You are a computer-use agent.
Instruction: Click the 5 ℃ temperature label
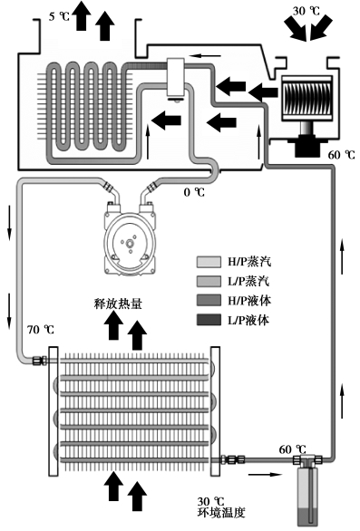tap(59, 16)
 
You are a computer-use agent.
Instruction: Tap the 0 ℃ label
tap(194, 192)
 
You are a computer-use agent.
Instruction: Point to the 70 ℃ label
tap(41, 329)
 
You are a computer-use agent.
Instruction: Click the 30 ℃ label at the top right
tap(306, 11)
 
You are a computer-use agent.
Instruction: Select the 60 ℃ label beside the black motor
tap(341, 155)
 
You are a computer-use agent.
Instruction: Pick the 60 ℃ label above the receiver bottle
tap(292, 449)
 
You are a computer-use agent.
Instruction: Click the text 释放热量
tap(118, 304)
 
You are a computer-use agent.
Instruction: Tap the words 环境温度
tap(221, 512)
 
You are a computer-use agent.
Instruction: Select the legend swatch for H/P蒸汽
tap(209, 262)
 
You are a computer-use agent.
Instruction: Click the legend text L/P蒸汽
tap(249, 281)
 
